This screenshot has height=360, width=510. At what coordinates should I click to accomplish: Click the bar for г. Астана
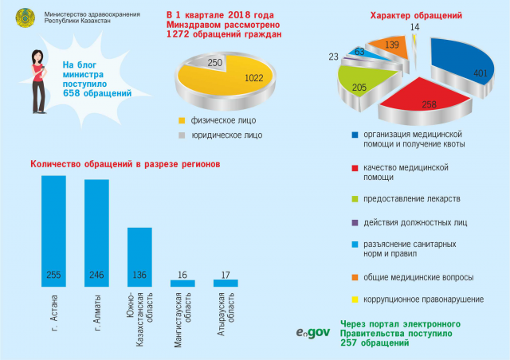coord(53,231)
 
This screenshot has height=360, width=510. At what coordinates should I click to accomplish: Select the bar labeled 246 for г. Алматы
coord(96,233)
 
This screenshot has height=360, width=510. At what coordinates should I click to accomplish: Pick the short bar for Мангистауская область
coord(182,283)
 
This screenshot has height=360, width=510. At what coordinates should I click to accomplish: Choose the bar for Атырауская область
coord(226,282)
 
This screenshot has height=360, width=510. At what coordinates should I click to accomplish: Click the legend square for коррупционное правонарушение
coord(354,299)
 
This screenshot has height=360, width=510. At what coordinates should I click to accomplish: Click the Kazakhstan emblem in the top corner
coord(26,18)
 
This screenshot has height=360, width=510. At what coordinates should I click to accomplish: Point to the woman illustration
coord(38,72)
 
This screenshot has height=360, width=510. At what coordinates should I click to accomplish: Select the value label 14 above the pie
coord(414,27)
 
